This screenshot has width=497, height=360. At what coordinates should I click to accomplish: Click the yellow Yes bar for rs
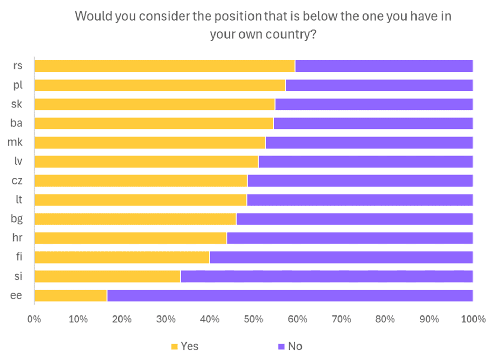point(164,66)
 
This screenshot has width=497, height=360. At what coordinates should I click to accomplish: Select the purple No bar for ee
point(290,296)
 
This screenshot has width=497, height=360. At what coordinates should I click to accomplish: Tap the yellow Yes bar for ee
point(70,296)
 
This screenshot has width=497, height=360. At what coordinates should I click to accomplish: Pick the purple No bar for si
point(326,276)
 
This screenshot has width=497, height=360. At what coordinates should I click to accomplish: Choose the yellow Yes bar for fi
point(122,257)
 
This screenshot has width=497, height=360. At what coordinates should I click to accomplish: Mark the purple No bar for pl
point(379,85)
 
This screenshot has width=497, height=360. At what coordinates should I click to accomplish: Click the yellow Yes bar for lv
point(146,162)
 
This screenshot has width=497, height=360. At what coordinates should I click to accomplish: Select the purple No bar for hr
point(350,238)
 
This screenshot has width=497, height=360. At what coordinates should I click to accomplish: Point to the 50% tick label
point(254,319)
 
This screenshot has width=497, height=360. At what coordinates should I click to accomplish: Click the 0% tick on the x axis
point(34,319)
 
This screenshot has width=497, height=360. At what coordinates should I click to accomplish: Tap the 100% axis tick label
point(473,319)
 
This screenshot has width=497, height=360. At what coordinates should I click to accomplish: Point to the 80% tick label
point(385,319)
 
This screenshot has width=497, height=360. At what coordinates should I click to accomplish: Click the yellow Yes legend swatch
point(174,347)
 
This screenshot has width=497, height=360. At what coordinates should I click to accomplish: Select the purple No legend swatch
point(281,347)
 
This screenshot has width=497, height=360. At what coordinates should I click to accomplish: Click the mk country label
point(15,142)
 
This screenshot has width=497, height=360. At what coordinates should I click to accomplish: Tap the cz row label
point(17,181)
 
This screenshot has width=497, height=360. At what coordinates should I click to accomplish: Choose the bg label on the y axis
point(17,219)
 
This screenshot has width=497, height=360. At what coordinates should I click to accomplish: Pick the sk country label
point(17,104)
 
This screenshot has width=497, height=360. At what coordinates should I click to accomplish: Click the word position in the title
point(238,17)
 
